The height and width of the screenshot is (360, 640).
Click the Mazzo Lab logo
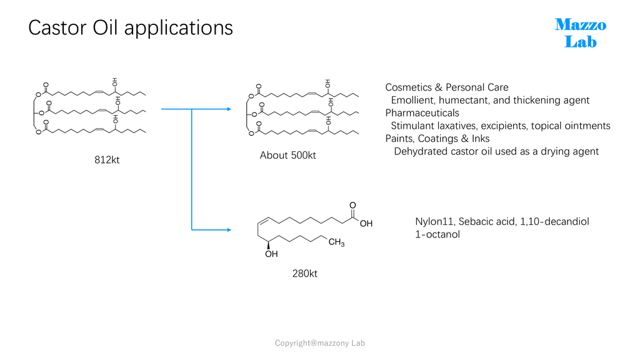581,33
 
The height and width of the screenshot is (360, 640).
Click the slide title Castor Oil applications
131,28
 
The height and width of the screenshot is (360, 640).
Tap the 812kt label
107,160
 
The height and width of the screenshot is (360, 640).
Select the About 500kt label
287,156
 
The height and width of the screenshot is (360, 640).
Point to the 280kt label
304,274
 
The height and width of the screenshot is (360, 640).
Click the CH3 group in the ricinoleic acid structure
336,242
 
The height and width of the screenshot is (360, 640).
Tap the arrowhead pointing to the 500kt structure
229,109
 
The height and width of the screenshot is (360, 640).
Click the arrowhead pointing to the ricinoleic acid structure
229,230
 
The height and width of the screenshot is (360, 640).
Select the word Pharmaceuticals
422,113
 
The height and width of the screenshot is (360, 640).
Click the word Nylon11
434,222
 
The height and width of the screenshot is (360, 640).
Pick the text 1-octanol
437,235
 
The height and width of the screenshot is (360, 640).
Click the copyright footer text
319,343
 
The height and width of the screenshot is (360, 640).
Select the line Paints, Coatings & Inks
437,139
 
